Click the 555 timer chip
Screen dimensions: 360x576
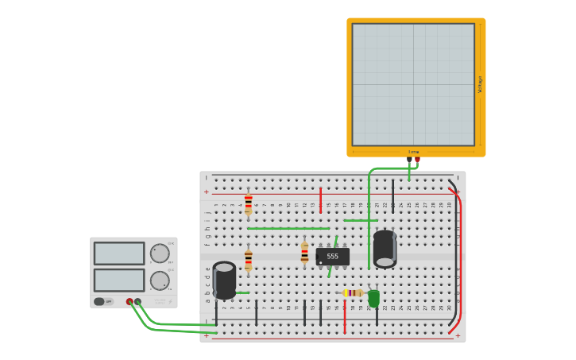coord(332,257)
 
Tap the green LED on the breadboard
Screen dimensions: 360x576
coord(373,298)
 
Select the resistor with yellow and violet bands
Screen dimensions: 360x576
coord(353,292)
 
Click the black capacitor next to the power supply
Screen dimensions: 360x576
coord(224,280)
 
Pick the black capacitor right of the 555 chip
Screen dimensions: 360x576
coord(385,248)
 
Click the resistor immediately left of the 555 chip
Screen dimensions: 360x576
coord(304,254)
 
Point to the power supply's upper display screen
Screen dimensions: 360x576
coord(119,254)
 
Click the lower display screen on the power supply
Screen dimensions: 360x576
coord(119,280)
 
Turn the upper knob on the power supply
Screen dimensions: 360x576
coord(160,254)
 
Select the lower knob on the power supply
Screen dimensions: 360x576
coord(160,281)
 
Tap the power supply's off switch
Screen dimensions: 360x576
coord(100,301)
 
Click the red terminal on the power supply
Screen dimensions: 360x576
coord(130,302)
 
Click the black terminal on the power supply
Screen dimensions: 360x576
coord(137,302)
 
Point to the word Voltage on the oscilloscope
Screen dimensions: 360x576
coord(480,84)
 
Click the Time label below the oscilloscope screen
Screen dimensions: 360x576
coord(413,152)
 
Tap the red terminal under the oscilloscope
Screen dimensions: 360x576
coord(417,159)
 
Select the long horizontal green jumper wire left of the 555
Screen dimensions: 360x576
coord(288,228)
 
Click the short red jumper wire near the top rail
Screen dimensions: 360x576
coord(321,199)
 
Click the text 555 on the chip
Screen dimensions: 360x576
coord(332,256)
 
